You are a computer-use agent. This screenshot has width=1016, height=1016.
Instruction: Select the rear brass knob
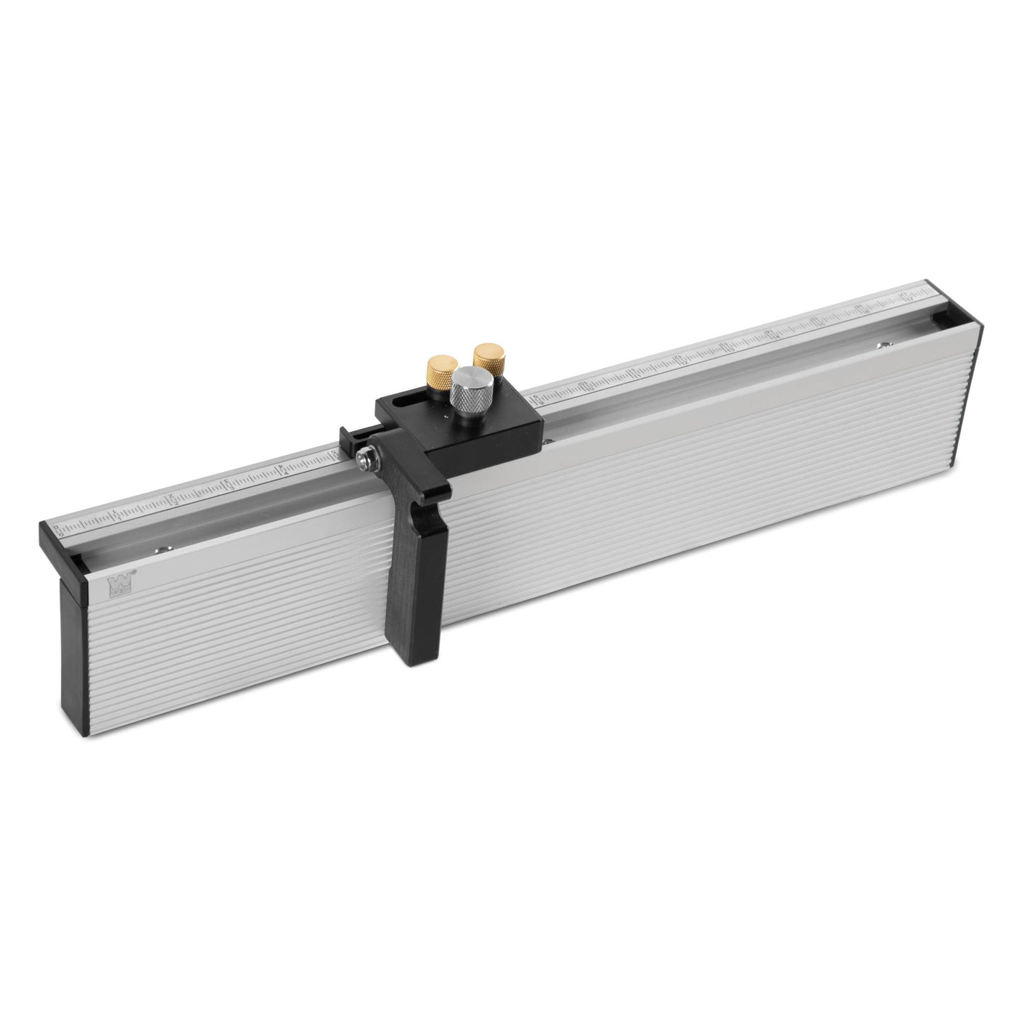pyautogui.click(x=484, y=356)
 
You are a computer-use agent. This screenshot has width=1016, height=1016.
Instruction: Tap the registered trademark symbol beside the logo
pyautogui.click(x=134, y=571)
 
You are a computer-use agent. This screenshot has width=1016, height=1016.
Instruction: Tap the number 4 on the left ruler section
pyautogui.click(x=284, y=471)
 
